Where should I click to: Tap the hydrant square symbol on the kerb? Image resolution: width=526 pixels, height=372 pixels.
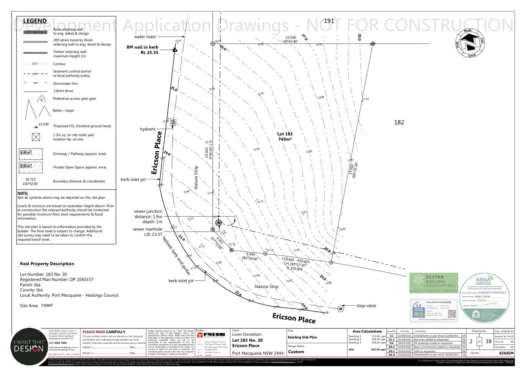point(173,122)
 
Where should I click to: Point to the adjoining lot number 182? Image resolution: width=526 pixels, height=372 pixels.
point(399,122)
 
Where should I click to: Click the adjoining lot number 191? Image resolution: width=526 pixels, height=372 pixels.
point(329,21)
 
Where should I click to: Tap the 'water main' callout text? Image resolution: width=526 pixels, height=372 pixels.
point(145,37)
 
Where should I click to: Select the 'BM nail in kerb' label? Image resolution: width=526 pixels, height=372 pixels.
point(142,47)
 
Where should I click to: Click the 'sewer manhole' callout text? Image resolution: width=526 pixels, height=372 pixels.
point(148,229)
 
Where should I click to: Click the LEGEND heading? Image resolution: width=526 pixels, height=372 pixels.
point(35,21)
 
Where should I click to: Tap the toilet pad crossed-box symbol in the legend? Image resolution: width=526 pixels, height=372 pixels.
point(36,137)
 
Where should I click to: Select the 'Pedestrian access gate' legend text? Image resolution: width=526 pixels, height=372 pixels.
point(74,99)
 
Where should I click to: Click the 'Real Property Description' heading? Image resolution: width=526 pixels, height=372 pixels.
point(47,264)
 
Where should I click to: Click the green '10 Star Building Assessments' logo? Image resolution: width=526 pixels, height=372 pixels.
point(434,283)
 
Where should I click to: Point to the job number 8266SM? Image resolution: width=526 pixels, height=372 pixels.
point(506,353)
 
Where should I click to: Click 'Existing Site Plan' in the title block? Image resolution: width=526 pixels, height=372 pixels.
point(302,337)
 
